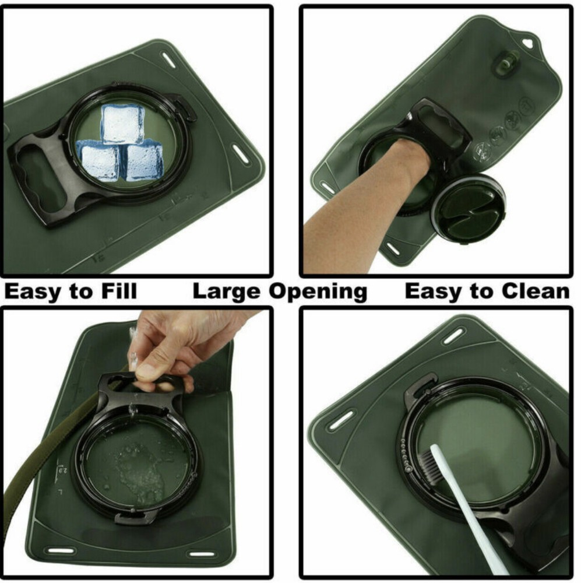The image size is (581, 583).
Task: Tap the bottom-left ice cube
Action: point(98,162)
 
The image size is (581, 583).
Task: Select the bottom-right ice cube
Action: point(144,161)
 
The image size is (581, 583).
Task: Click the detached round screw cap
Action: point(468,208)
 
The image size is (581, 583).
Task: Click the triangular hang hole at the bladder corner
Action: point(528,44)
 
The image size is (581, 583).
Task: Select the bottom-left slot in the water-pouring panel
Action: point(59,550)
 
